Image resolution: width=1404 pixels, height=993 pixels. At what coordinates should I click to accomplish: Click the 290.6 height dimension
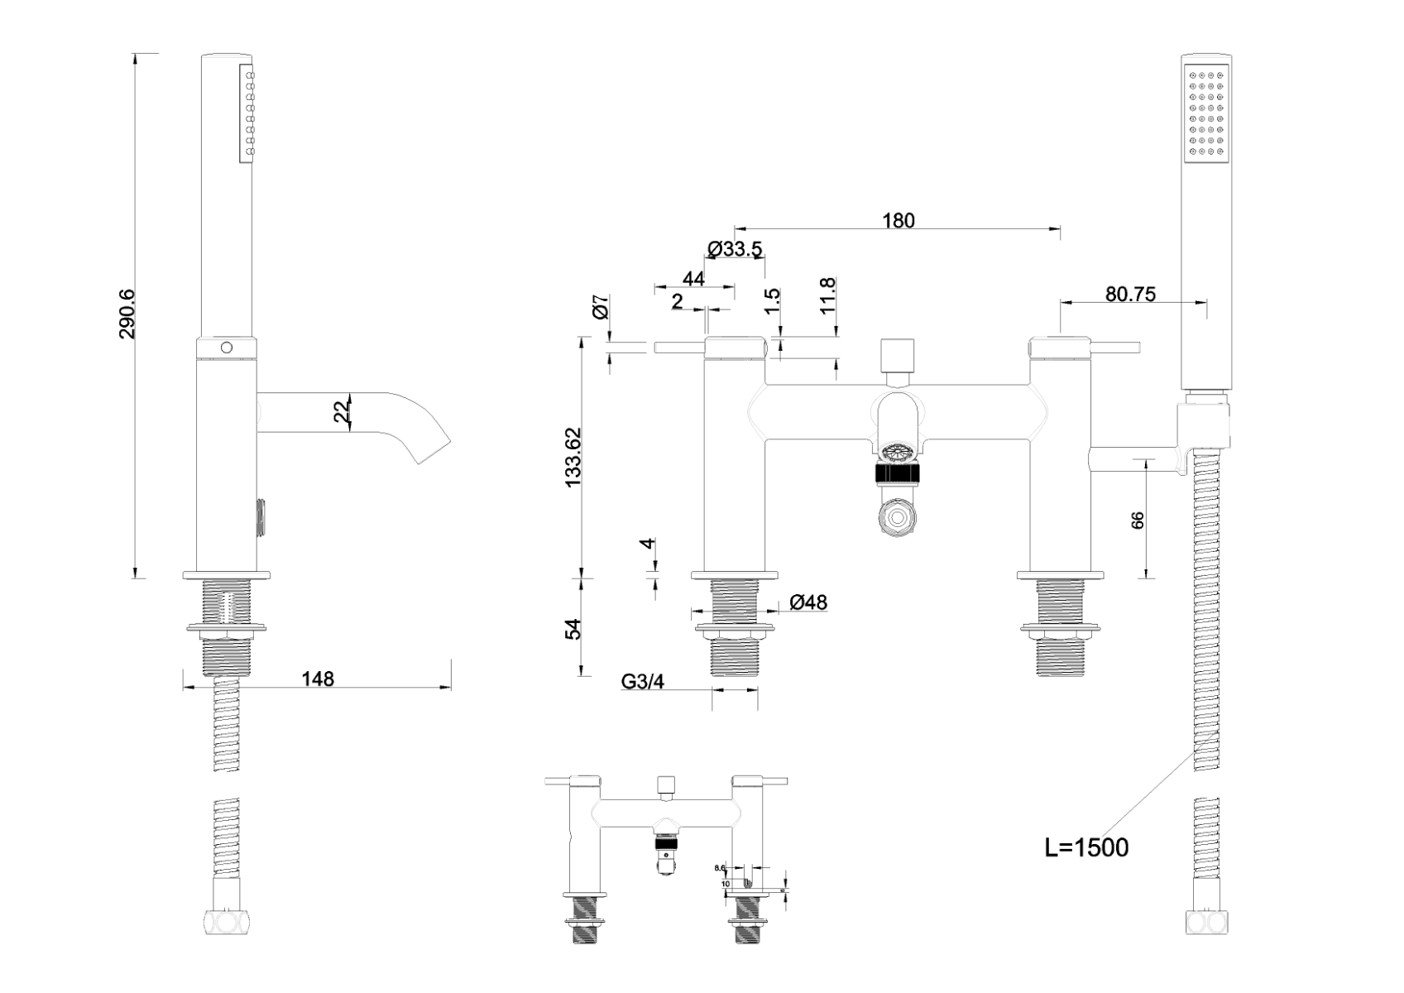tap(127, 314)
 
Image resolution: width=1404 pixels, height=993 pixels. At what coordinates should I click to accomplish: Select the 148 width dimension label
tap(318, 679)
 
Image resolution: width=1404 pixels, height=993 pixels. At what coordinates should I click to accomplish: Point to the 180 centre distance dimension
tap(898, 221)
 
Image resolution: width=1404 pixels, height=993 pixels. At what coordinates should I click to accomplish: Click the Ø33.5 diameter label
tap(735, 249)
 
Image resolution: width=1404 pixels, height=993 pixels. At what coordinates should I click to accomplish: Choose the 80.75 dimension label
tap(1130, 295)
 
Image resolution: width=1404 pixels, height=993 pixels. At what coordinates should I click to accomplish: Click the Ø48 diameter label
tap(807, 602)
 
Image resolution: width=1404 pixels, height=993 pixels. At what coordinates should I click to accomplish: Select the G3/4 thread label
tap(643, 683)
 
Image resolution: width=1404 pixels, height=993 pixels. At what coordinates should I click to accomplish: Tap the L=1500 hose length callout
tap(1086, 847)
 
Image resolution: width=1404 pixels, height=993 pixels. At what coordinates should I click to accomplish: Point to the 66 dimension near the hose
tap(1138, 520)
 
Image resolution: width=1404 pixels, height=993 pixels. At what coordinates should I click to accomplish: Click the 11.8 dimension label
tap(827, 295)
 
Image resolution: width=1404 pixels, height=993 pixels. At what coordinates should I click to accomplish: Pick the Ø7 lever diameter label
tap(601, 307)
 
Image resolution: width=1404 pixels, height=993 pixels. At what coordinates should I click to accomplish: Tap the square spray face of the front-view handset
tap(1207, 113)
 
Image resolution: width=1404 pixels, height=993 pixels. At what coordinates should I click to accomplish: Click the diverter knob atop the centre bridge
tap(898, 356)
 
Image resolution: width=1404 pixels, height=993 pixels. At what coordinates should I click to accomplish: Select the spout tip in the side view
tap(433, 448)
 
